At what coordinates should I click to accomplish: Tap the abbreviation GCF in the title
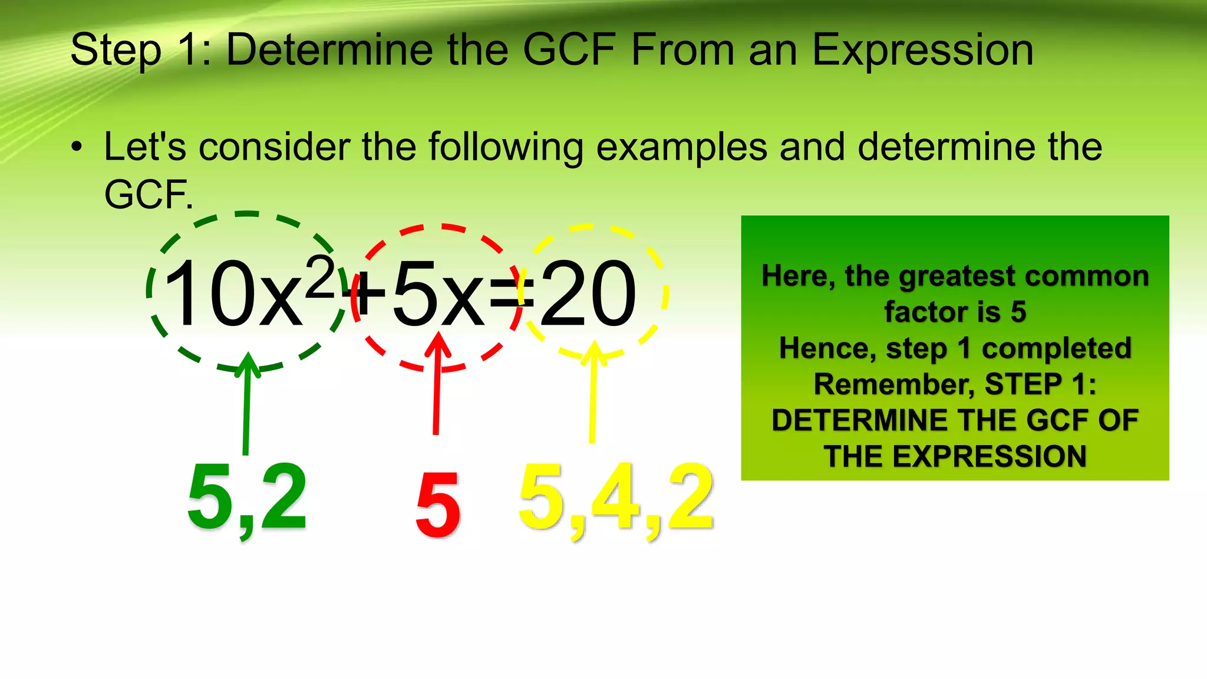[569, 50]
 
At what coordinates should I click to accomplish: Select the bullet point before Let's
[77, 147]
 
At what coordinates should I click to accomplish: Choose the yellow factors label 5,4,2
[616, 498]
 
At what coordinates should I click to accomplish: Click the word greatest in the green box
[958, 276]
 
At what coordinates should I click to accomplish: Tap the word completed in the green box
[1056, 348]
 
